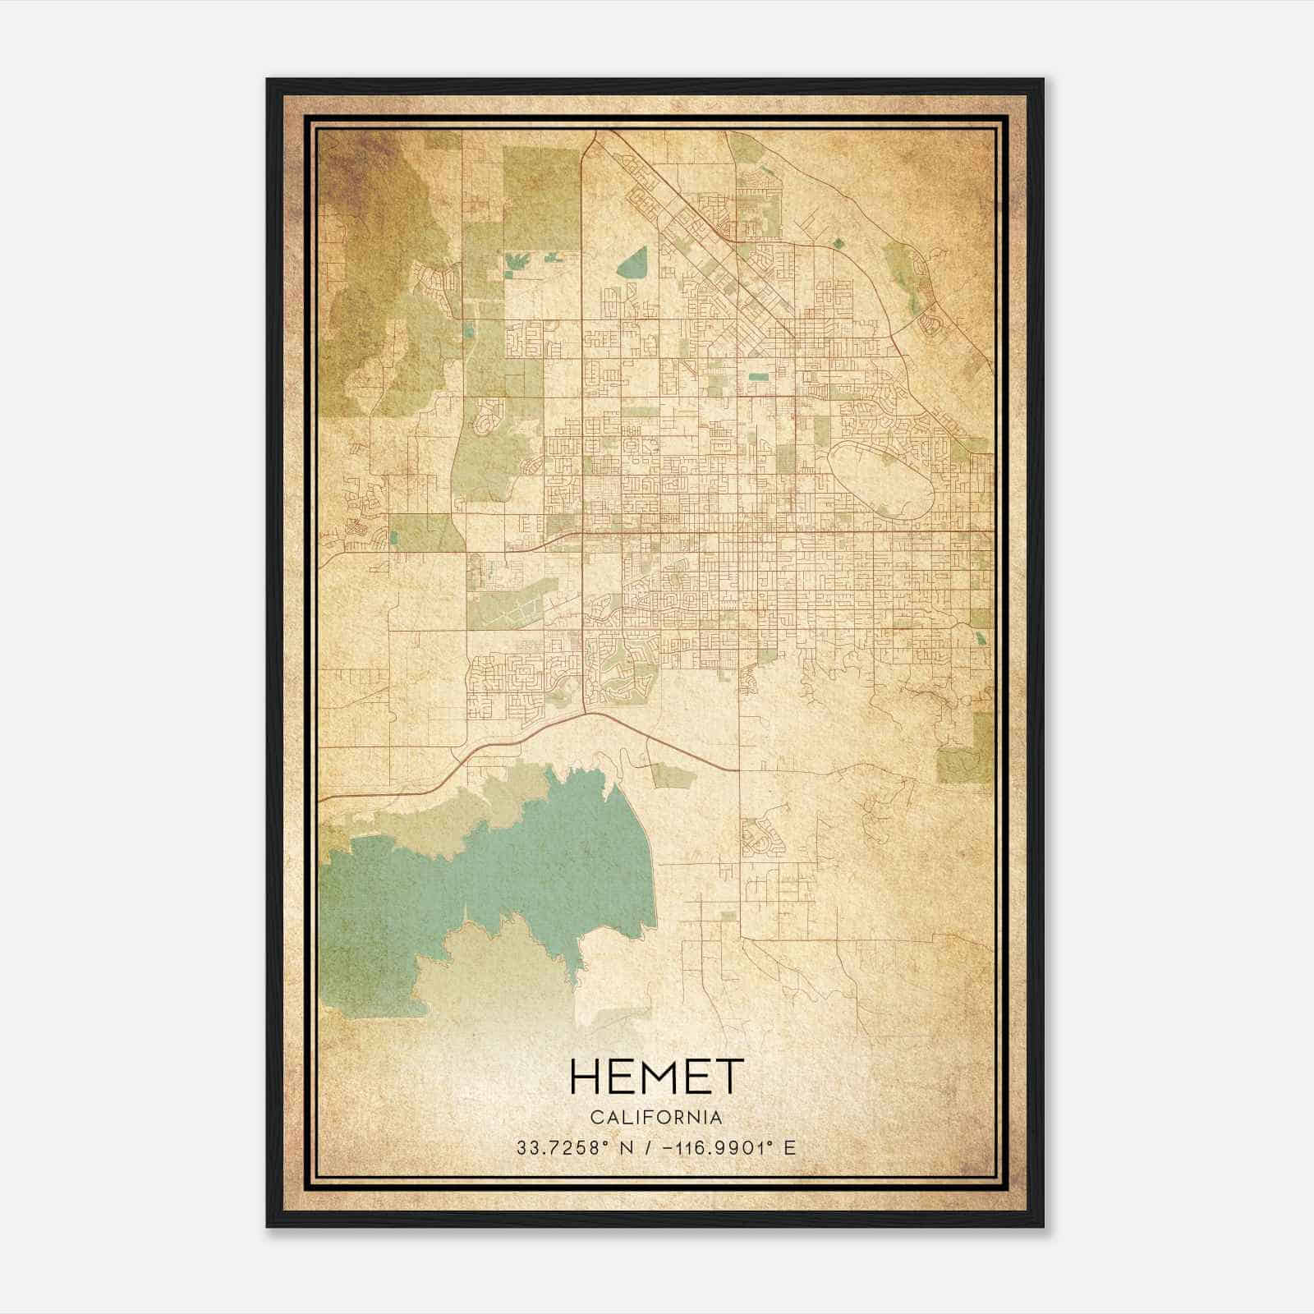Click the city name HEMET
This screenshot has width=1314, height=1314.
pyautogui.click(x=656, y=1077)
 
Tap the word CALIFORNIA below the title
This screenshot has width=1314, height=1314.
pyautogui.click(x=656, y=1117)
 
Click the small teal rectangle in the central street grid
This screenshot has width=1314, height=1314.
pyautogui.click(x=757, y=376)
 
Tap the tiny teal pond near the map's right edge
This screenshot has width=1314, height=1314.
pyautogui.click(x=981, y=638)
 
